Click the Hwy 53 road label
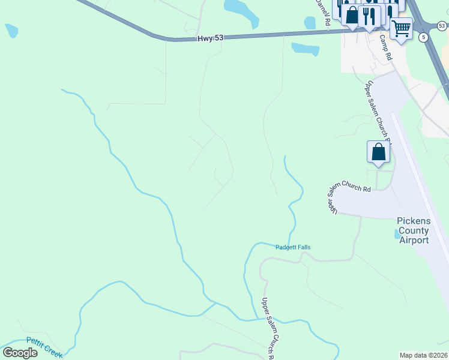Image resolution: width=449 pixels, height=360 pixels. click(x=210, y=38)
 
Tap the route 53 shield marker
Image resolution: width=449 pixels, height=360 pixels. click(x=442, y=25)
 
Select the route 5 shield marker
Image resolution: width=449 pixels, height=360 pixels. click(x=424, y=37)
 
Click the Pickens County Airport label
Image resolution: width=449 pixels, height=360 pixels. click(x=414, y=230)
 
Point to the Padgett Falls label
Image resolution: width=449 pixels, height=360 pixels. click(x=293, y=247)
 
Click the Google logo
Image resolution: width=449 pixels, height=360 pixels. click(x=20, y=353)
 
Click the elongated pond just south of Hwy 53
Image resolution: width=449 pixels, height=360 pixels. click(x=305, y=49)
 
